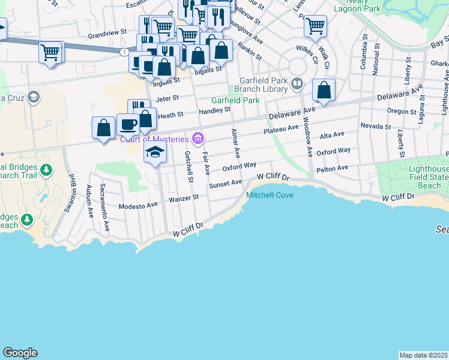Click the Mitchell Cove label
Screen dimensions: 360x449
270,196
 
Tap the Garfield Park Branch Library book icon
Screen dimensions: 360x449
296,83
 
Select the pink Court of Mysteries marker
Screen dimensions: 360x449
199,139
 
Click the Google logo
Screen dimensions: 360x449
20,353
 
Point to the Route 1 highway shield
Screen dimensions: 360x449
124,53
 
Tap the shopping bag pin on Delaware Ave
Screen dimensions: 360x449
324,91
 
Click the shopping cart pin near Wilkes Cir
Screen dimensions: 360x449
315,26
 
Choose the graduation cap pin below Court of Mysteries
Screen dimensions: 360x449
155,152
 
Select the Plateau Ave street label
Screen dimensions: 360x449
280,128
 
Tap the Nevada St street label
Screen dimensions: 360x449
376,126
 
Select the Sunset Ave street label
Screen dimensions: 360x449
225,183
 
